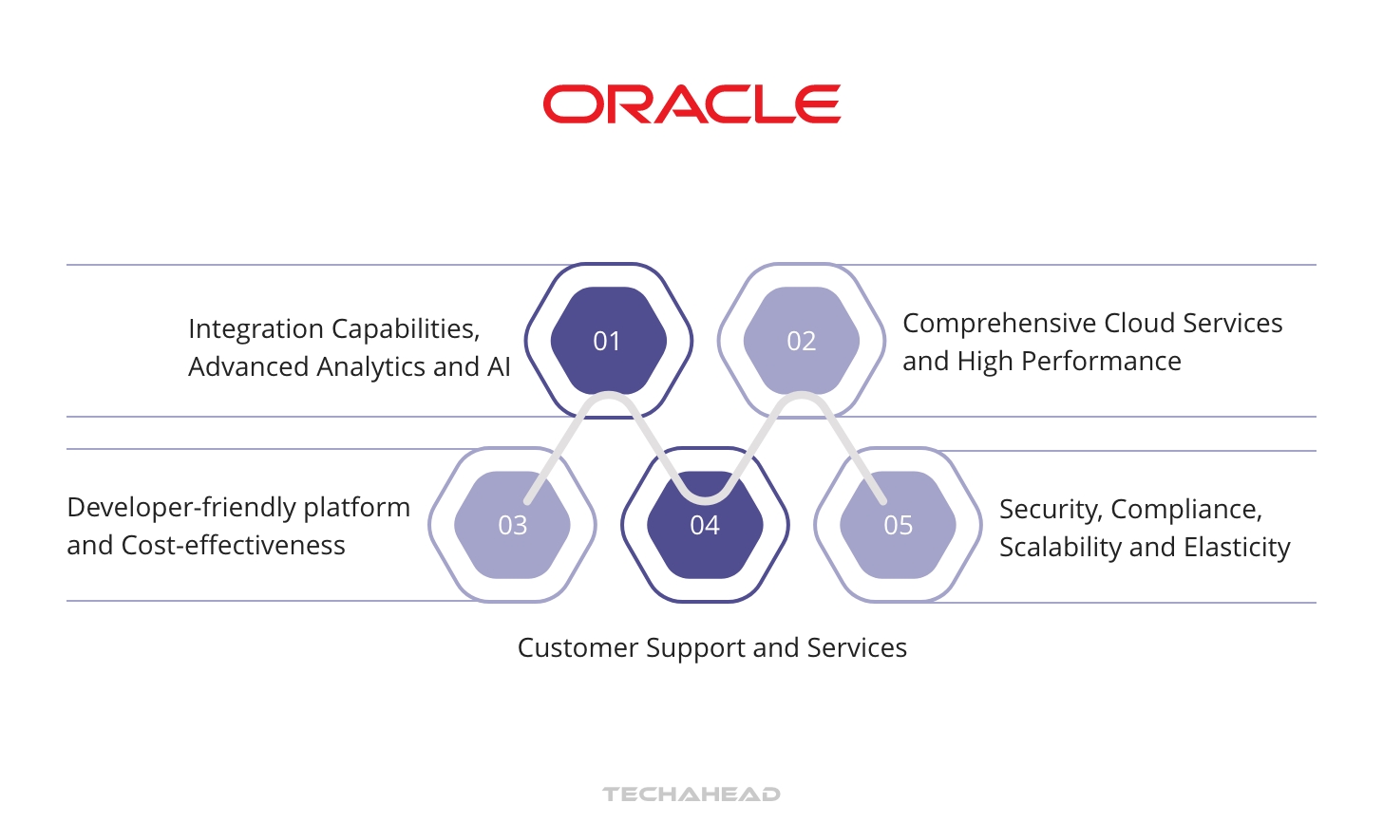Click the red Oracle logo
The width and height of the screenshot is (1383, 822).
691,104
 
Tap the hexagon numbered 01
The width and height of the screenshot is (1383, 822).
608,341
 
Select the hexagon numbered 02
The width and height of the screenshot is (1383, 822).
801,341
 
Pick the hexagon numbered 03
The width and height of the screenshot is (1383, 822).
512,525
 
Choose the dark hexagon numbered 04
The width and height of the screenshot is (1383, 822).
705,525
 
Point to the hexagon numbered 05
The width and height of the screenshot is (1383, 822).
898,525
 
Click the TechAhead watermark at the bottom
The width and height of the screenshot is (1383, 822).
691,794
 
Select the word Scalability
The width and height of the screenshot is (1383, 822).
1060,548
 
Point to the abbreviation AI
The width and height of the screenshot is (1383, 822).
499,366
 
